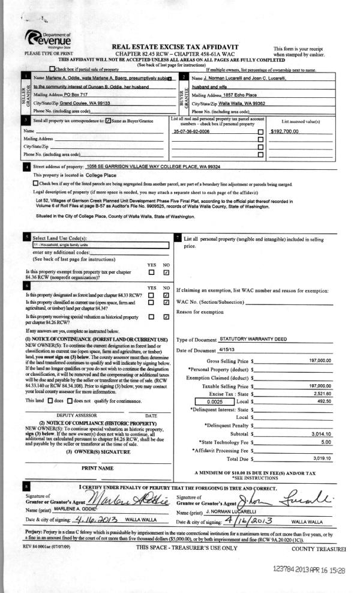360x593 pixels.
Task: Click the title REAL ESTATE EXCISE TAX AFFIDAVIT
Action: click(175, 47)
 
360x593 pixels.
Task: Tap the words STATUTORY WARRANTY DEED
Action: click(246, 339)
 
